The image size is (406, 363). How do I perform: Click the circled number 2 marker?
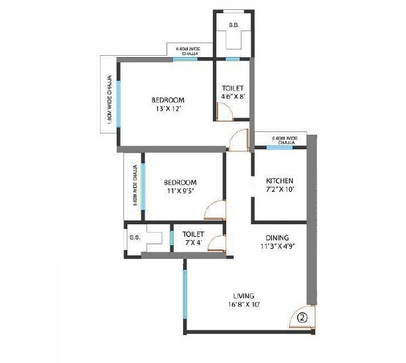coord(303,317)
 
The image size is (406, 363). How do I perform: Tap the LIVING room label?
coord(243,295)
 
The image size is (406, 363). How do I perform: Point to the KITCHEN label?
coord(279,181)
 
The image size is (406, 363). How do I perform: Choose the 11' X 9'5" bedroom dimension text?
coord(180,192)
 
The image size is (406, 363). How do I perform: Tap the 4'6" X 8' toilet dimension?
coord(233,97)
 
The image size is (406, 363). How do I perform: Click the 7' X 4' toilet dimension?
coord(194,243)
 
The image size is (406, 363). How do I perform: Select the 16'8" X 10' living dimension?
coord(243,305)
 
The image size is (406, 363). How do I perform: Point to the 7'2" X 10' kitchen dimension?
coord(279,190)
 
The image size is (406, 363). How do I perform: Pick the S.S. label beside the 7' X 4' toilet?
coord(134,236)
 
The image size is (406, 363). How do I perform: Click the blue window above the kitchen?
coord(279,147)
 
